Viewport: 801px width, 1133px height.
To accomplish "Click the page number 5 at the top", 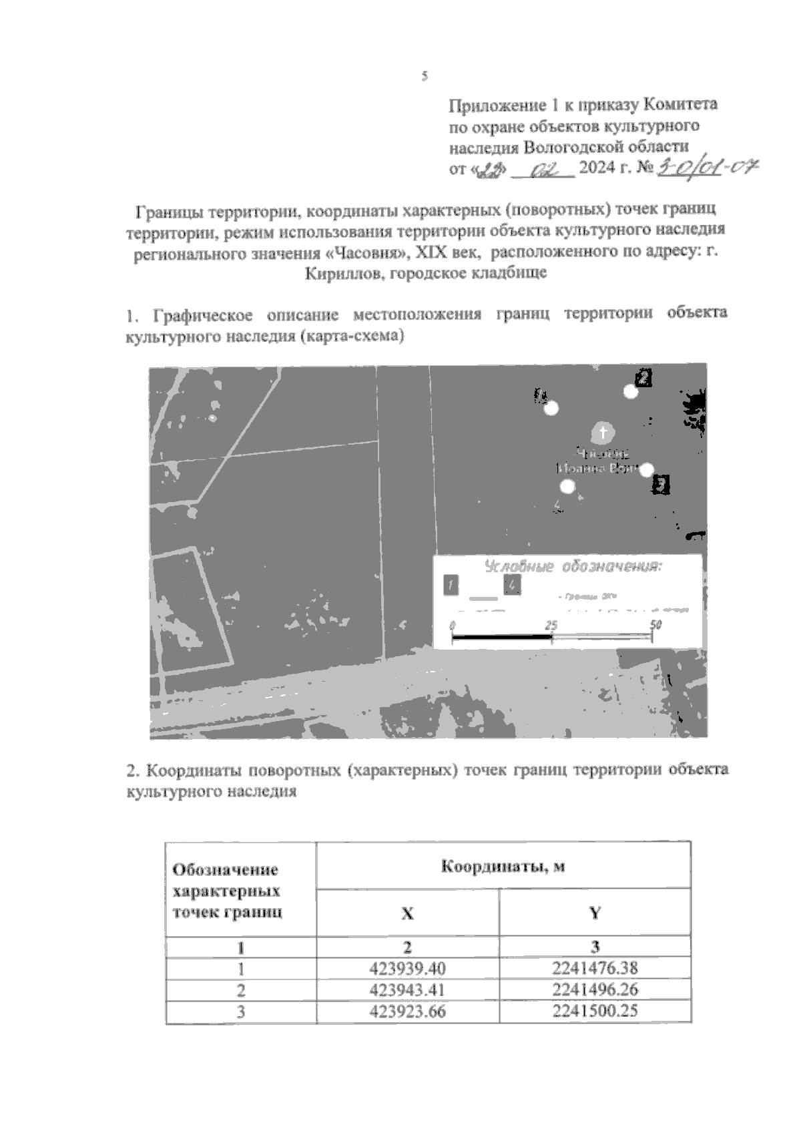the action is (424, 76).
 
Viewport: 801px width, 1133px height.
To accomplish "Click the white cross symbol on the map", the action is (603, 433).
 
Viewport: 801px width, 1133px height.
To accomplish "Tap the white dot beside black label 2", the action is (631, 392).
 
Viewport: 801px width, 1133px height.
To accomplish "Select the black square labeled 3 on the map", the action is (661, 484).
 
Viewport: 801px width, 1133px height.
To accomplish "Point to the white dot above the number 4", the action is (567, 487).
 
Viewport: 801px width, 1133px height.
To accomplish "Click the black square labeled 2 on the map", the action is (643, 378).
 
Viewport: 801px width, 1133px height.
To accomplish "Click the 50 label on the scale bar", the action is (655, 625).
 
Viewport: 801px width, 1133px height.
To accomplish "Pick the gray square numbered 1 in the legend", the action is (451, 586).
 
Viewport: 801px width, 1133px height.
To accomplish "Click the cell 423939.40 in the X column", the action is (407, 968).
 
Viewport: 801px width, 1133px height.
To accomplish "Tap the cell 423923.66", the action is (407, 1011).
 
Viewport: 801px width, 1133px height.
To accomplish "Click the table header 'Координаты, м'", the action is (503, 866).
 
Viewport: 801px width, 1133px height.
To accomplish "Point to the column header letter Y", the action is (595, 913).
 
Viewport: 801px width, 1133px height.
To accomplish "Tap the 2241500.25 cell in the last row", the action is (595, 1011).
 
